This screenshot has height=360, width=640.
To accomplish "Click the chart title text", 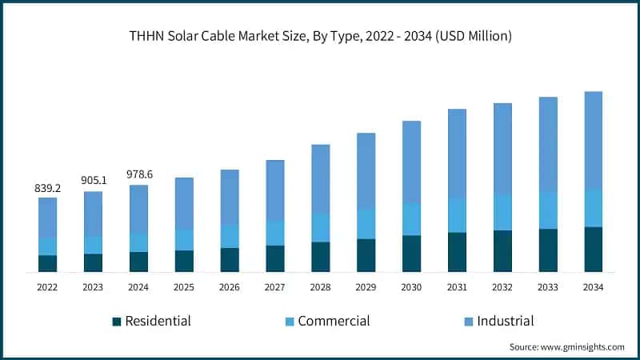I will [x=320, y=35].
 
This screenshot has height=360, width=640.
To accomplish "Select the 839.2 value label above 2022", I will [x=47, y=188].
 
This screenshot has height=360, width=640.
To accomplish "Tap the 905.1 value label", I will [x=93, y=181].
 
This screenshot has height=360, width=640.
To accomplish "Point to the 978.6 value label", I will [x=138, y=174].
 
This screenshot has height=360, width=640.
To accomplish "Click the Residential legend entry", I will [x=151, y=321].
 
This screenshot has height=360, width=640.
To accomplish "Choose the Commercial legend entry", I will [x=327, y=321].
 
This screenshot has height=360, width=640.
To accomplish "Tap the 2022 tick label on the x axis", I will [x=47, y=286].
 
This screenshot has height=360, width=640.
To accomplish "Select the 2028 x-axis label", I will [x=320, y=286].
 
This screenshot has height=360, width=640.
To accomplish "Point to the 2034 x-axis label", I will [x=593, y=286].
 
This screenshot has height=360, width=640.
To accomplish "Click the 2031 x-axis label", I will [x=457, y=286].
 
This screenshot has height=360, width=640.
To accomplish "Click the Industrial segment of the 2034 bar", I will [x=593, y=140].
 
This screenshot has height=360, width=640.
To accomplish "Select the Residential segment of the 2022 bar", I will [x=47, y=263].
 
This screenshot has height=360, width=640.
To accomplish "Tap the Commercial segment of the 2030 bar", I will [x=411, y=219].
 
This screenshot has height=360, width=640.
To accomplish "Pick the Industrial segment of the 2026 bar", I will [x=230, y=197].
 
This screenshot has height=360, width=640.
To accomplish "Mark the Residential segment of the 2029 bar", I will [x=366, y=255].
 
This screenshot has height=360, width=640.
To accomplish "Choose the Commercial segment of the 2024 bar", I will [x=138, y=242].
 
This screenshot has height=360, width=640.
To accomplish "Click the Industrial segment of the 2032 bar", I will [x=502, y=148].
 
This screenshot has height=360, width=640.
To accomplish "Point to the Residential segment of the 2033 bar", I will [x=548, y=250].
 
